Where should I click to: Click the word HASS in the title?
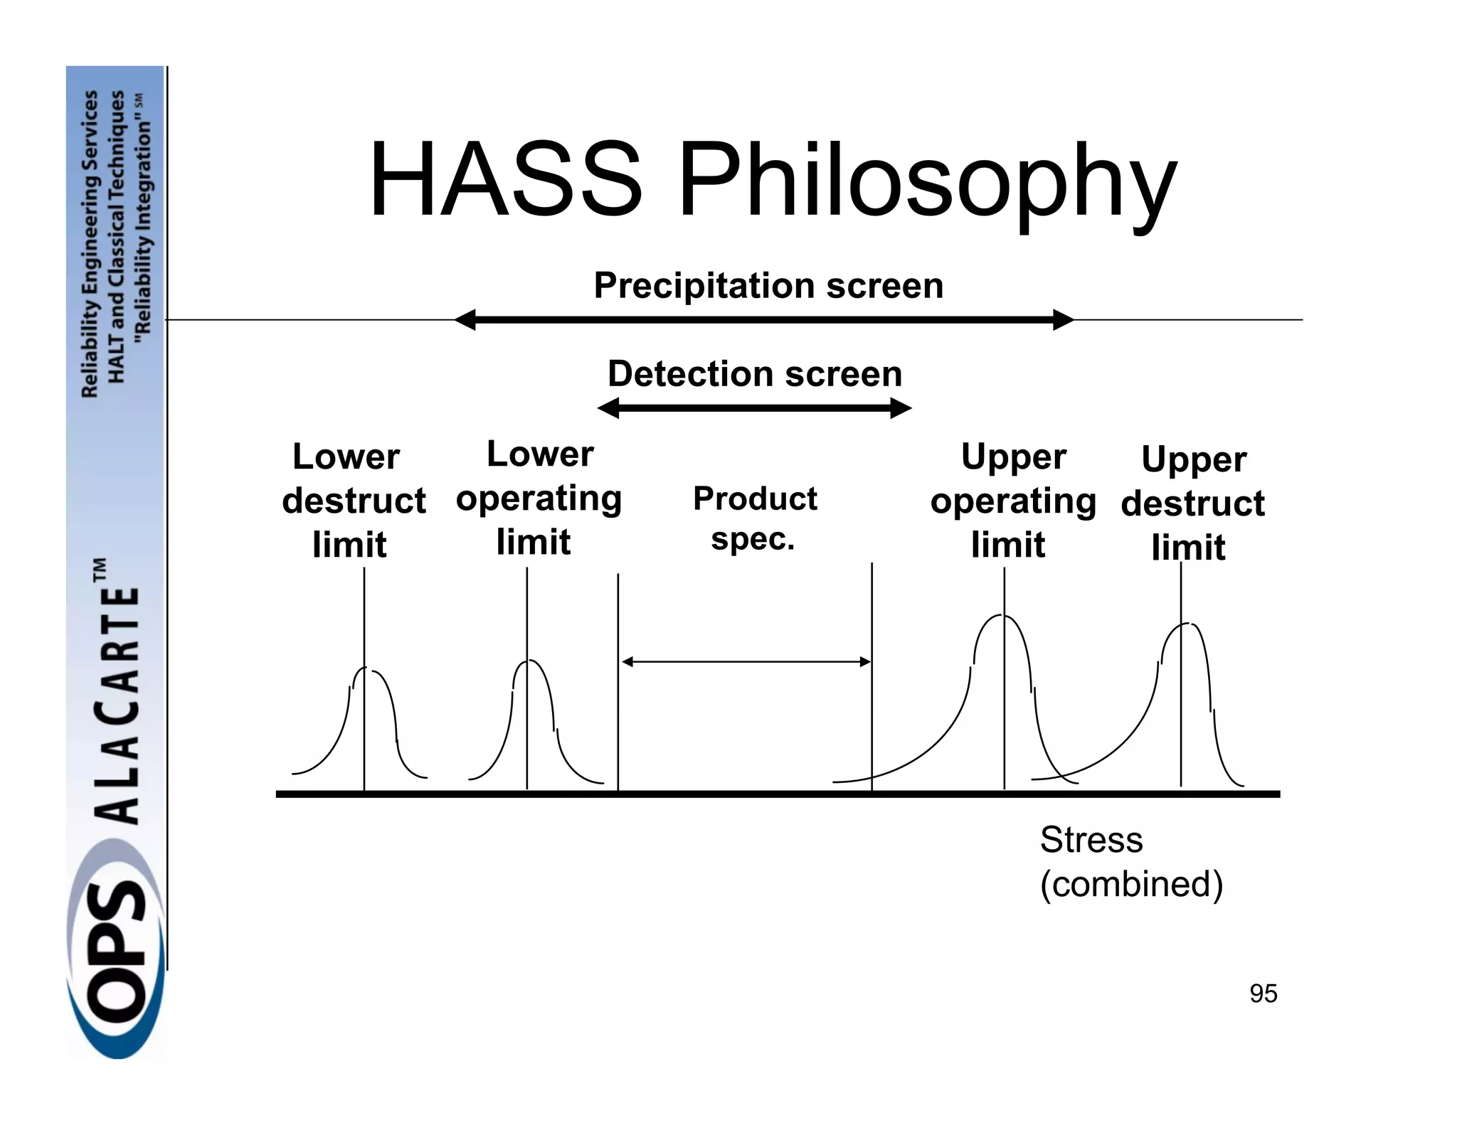[505, 179]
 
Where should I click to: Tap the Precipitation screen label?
[768, 285]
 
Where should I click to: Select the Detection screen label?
[755, 373]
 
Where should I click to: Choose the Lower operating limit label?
[539, 497]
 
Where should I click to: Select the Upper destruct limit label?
[1192, 503]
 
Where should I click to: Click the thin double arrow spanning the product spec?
[746, 662]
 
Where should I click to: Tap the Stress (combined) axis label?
[1130, 861]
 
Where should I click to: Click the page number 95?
[1263, 993]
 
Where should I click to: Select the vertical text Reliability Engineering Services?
[90, 243]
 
